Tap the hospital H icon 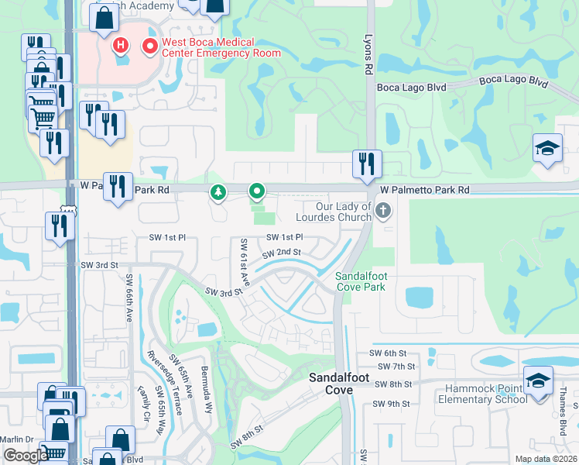coord(121,46)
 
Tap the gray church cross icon coord(382,210)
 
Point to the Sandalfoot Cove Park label coord(360,281)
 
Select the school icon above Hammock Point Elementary coord(538,380)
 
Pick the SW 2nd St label coord(281,253)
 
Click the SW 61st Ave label coord(244,260)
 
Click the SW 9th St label coord(390,404)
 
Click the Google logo coord(26,456)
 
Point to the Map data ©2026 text coord(545,459)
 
